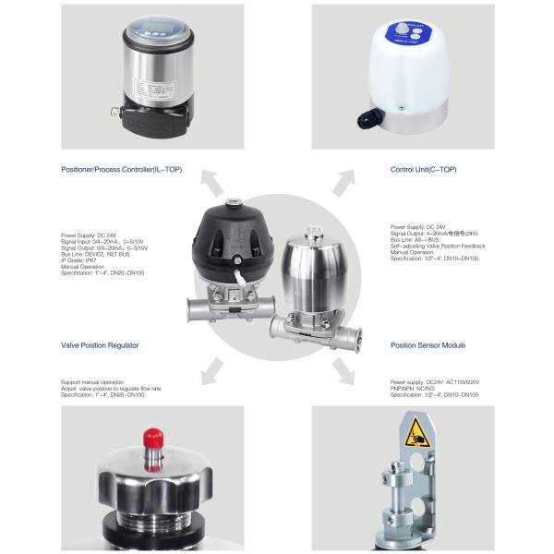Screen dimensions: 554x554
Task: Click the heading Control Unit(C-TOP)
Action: coord(424,170)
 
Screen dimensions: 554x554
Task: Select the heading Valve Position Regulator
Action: coord(100,345)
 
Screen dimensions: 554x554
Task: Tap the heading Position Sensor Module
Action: coord(428,345)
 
